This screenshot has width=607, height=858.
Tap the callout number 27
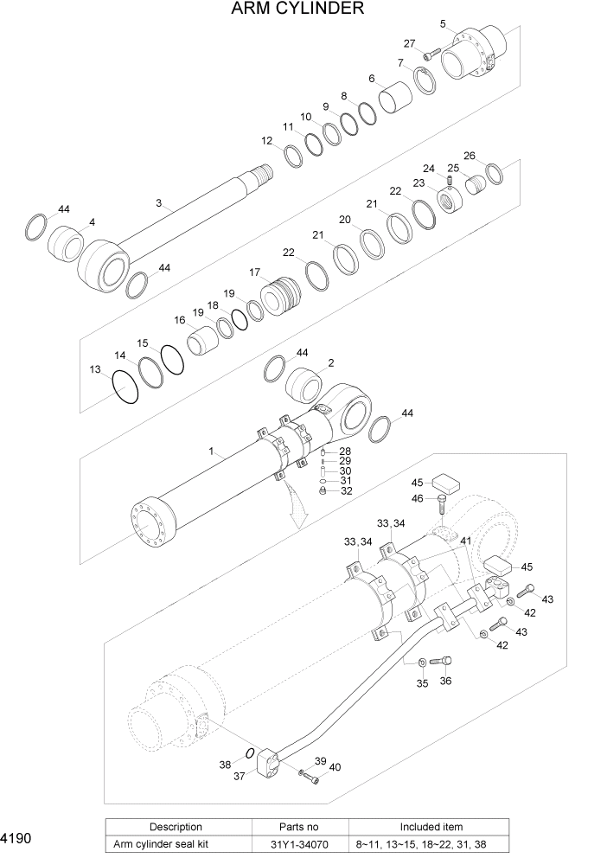[x=409, y=43]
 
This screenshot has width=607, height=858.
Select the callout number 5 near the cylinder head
[x=442, y=23]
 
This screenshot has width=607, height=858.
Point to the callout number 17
[x=255, y=272]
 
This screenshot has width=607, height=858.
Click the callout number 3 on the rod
[x=158, y=203]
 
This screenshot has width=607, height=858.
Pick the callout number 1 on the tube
[x=210, y=452]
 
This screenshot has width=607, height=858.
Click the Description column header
[x=176, y=827]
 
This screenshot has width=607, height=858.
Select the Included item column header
[x=431, y=827]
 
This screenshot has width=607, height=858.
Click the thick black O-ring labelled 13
[x=125, y=387]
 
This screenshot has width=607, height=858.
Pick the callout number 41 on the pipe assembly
[x=465, y=541]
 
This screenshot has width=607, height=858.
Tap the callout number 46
[x=417, y=498]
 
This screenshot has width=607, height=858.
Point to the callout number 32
[x=345, y=490]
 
